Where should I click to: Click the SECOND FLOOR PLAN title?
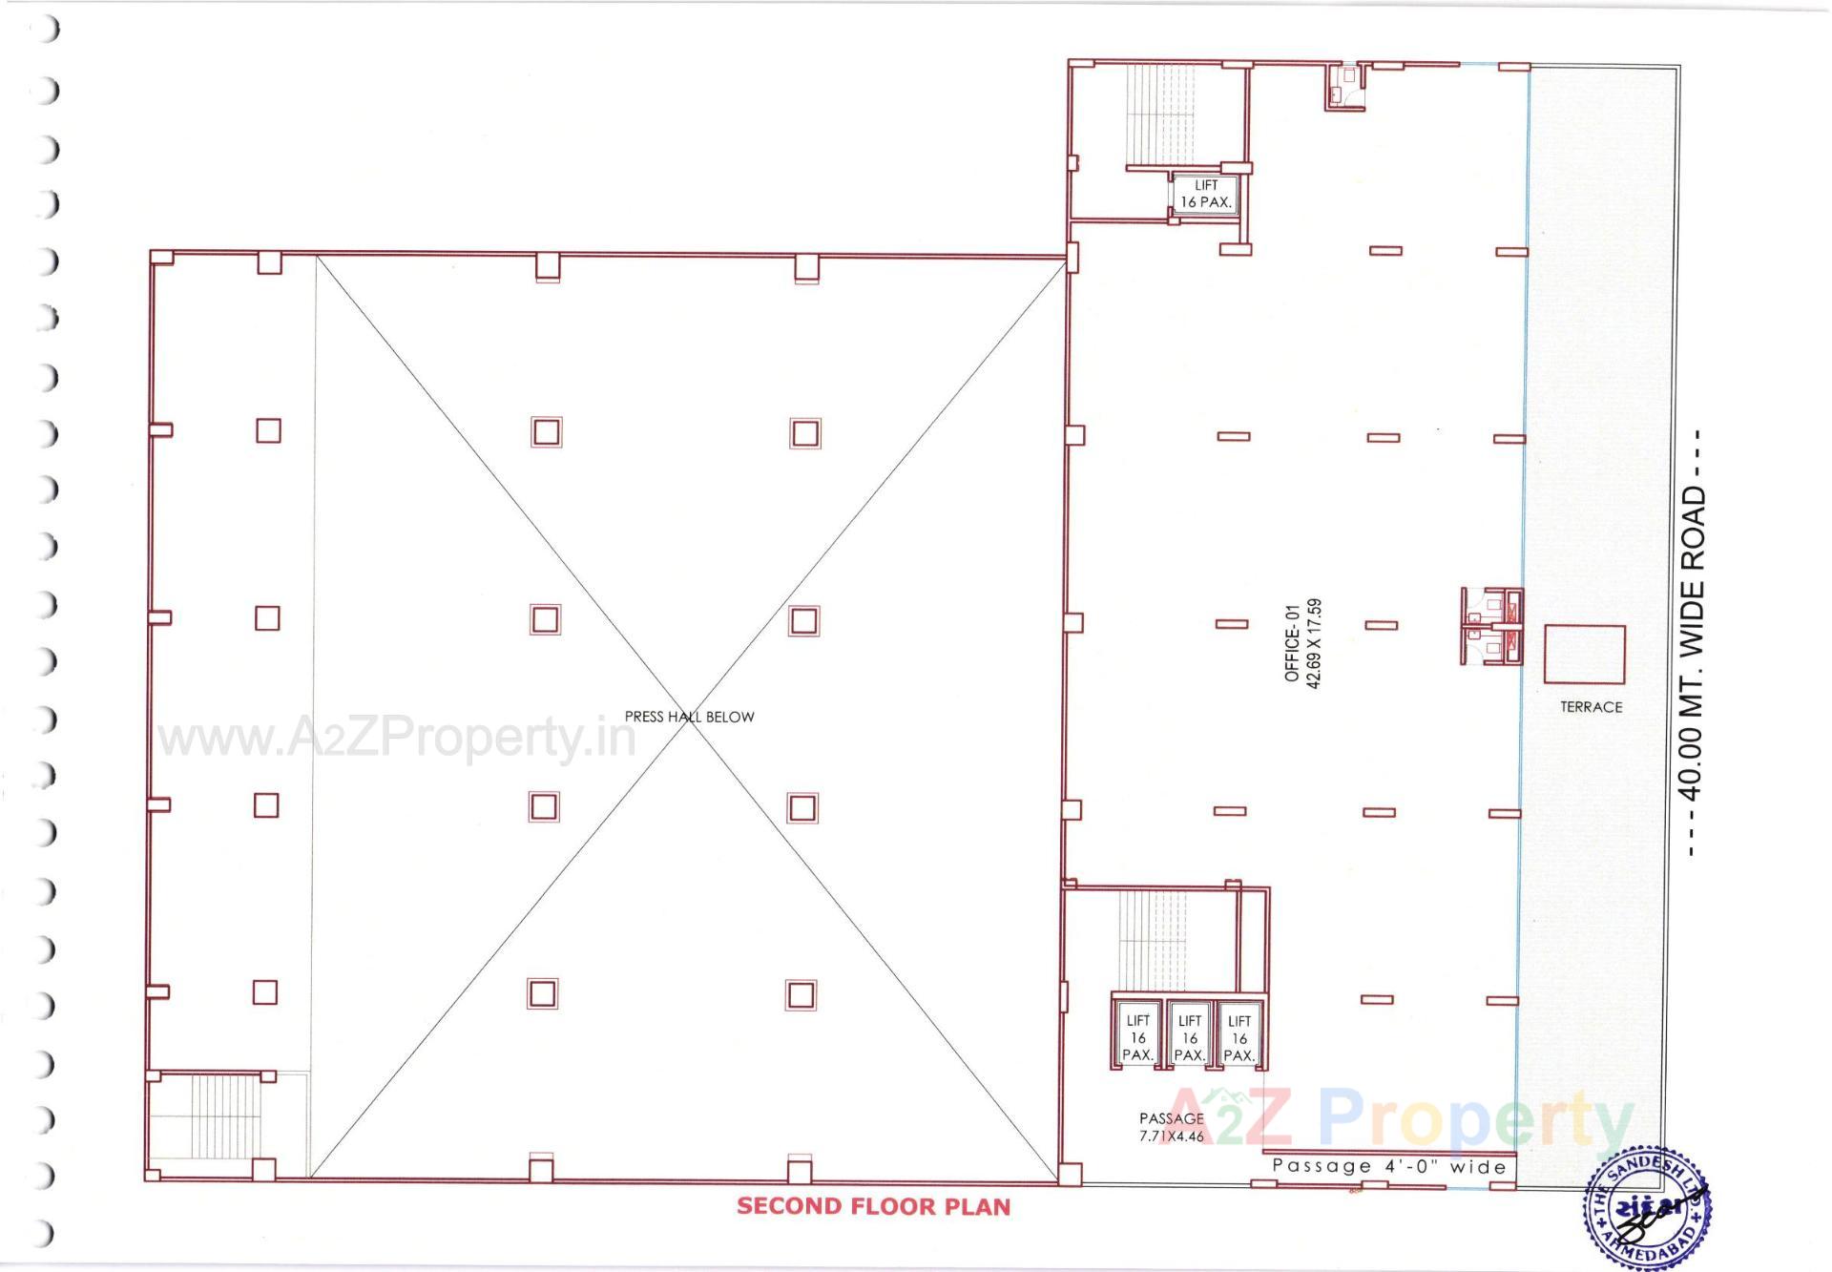pos(873,1206)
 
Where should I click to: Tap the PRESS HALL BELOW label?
pos(689,717)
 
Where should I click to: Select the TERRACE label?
pos(1591,707)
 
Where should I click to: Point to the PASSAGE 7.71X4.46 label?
pos(1171,1127)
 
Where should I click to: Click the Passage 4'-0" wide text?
pos(1389,1166)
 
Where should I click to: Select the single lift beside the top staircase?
pos(1206,194)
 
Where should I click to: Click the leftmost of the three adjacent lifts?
pos(1137,1033)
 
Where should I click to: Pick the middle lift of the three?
pos(1189,1033)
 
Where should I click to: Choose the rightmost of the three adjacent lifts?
pos(1239,1033)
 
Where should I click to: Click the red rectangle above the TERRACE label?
pos(1584,654)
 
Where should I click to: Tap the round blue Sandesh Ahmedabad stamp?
pos(1647,1207)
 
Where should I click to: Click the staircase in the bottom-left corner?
pos(225,1116)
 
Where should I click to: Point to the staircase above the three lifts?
pos(1155,940)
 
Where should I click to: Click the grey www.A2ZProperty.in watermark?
pos(396,738)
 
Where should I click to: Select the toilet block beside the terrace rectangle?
pos(1491,626)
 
